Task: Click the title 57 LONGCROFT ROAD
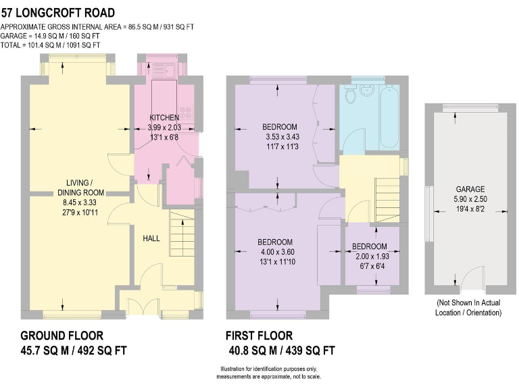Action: point(57,13)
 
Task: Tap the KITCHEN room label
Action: point(164,118)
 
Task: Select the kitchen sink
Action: point(163,69)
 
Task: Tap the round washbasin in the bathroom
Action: point(368,89)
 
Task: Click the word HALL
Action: point(151,238)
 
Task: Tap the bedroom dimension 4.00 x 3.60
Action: point(275,252)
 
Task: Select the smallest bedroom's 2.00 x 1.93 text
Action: point(369,256)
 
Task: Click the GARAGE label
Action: point(470,190)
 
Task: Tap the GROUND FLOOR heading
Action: point(62,336)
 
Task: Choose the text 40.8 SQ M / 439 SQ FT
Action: point(282,351)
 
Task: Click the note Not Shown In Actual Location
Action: point(470,307)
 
